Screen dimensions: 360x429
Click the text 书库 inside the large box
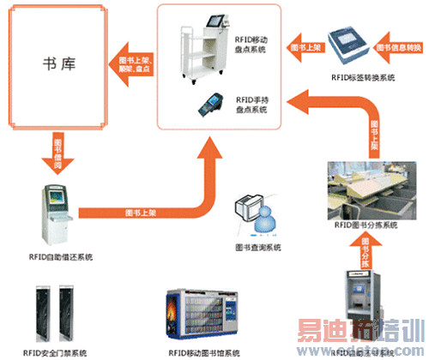click(x=56, y=63)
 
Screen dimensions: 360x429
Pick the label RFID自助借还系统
click(x=60, y=256)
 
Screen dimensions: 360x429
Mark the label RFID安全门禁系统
click(x=54, y=352)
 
